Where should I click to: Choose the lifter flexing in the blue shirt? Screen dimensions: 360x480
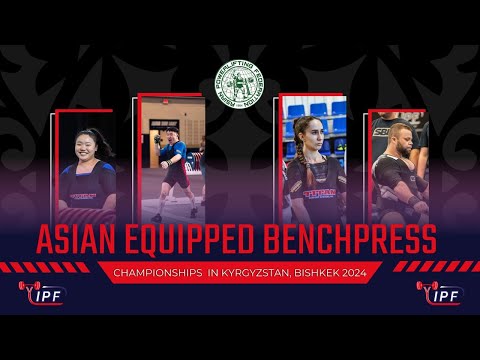pos(173,160)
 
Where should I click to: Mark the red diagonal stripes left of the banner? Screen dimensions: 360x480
pos(55,267)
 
